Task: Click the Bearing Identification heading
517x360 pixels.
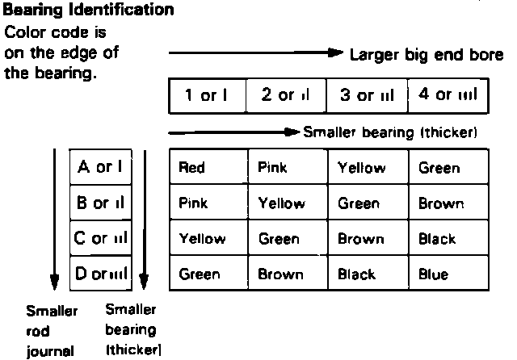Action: click(89, 11)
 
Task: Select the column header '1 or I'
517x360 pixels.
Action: click(205, 96)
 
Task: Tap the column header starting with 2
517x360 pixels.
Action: click(287, 96)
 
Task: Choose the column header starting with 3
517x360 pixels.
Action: click(367, 96)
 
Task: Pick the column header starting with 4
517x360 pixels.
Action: click(448, 96)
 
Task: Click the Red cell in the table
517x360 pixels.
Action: click(192, 168)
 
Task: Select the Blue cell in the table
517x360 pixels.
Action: click(433, 274)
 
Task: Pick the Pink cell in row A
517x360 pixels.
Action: click(272, 168)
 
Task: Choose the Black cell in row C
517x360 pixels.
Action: click(437, 239)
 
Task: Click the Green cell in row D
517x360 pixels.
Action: click(199, 274)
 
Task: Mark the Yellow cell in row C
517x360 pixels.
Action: click(202, 239)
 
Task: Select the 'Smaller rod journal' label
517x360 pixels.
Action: click(52, 329)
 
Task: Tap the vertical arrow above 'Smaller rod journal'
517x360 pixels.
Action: click(54, 218)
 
